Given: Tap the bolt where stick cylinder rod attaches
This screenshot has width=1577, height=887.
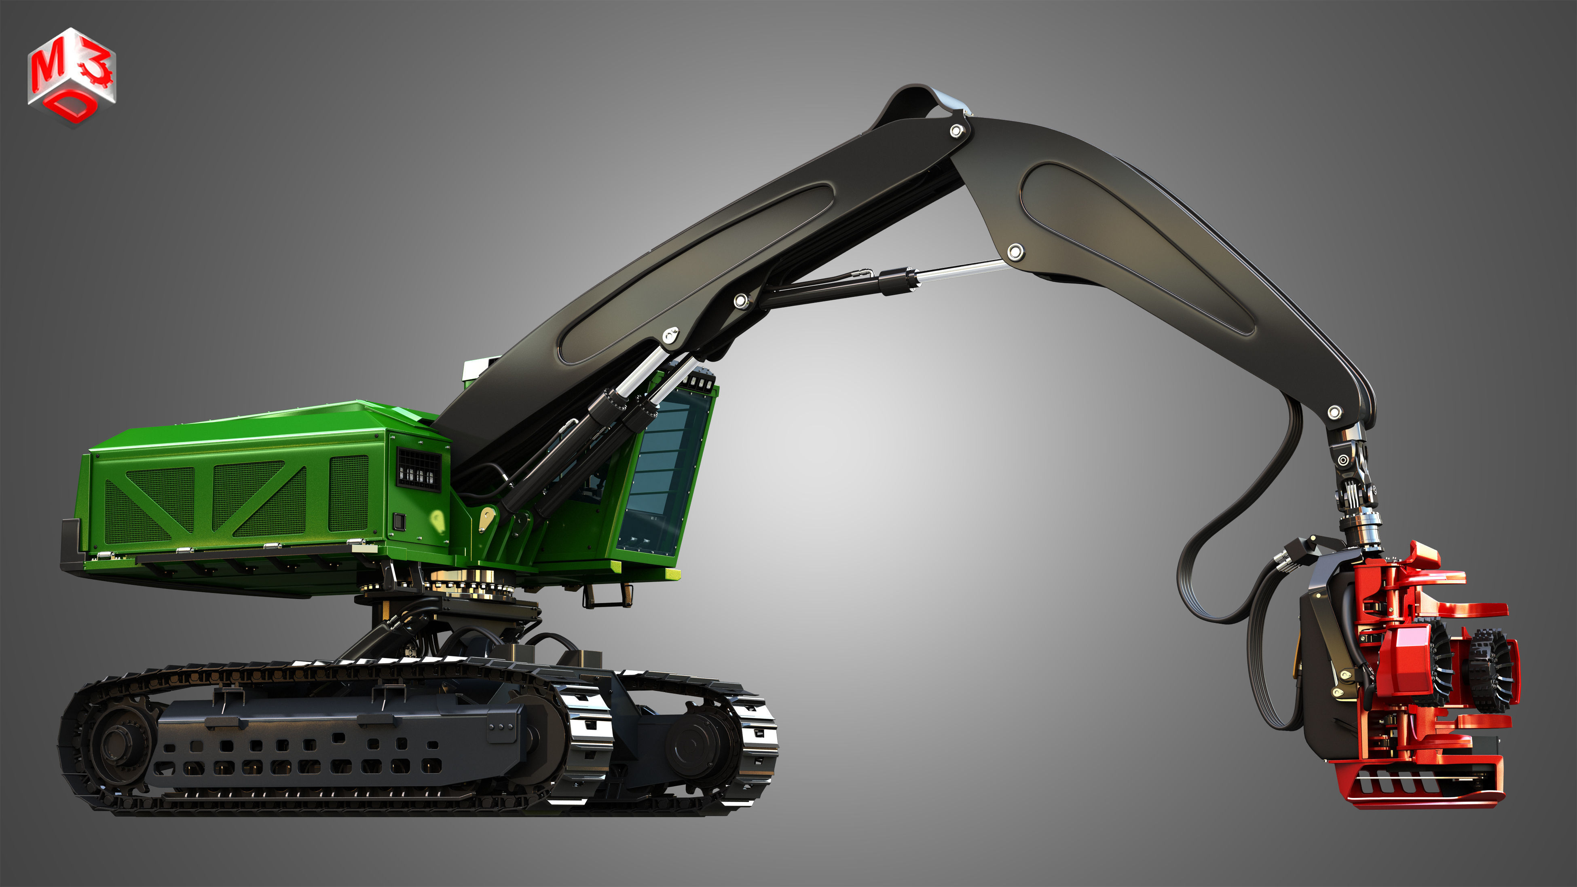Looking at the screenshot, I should [1015, 251].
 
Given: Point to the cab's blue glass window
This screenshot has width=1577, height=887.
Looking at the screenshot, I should [664, 465].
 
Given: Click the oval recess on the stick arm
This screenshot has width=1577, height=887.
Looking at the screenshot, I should [1139, 245].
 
